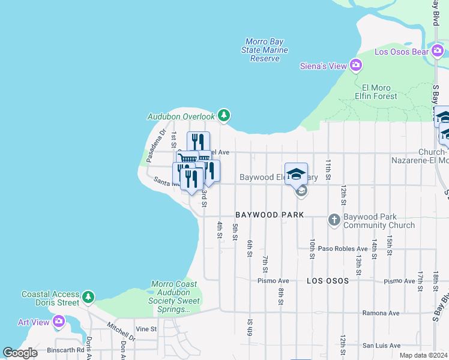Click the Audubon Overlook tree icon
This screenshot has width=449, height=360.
pyautogui.click(x=223, y=115)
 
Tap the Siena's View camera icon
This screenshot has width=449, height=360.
pyautogui.click(x=356, y=65)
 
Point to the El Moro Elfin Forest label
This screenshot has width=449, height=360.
pyautogui.click(x=375, y=91)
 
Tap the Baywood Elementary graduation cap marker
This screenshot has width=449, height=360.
pyautogui.click(x=296, y=174)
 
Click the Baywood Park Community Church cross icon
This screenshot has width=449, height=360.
pyautogui.click(x=334, y=220)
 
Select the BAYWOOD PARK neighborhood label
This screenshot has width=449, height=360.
pyautogui.click(x=270, y=214)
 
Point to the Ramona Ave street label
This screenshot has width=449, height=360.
pyautogui.click(x=381, y=313)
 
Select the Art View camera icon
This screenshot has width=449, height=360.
pyautogui.click(x=58, y=322)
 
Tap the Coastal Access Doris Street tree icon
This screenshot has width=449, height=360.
pyautogui.click(x=88, y=297)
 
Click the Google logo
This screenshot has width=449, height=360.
pyautogui.click(x=20, y=352)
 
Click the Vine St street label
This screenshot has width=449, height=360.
pyautogui.click(x=146, y=329)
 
